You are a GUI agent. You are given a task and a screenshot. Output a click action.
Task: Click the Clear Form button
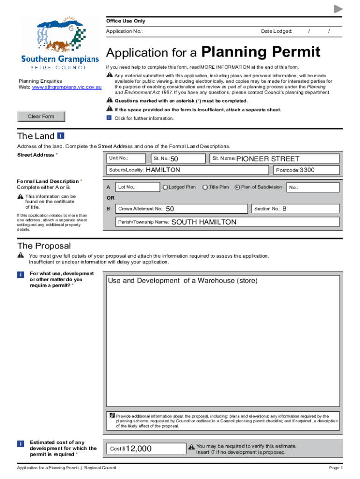coord(41,116)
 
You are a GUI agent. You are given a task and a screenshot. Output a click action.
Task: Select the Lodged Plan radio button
coord(165,187)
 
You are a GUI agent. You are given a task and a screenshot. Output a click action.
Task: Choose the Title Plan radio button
coord(205,187)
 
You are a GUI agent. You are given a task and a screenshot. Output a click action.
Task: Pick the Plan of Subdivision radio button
coord(237,187)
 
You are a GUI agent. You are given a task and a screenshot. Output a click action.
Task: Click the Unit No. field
coord(126,159)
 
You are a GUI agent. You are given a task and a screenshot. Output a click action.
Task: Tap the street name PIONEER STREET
coord(267,159)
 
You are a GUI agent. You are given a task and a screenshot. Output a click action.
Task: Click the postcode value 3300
coord(307,170)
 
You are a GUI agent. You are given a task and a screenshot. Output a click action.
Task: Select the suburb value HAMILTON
coord(163,170)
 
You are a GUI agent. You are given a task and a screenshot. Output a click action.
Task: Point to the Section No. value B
coord(284,209)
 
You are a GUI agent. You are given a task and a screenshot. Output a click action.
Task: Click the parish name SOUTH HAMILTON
coord(204,222)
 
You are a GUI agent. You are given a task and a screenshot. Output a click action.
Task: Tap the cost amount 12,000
coord(138,449)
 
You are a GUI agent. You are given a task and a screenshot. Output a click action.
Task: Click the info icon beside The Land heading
coord(61,136)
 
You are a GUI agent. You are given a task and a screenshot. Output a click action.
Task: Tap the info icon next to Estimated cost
coord(21,443)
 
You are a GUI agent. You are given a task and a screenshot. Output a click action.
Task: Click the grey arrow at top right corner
coord(338,9)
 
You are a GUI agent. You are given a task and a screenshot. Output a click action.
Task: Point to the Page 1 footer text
coord(336,468)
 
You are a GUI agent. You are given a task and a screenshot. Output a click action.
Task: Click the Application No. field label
coord(124,31)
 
